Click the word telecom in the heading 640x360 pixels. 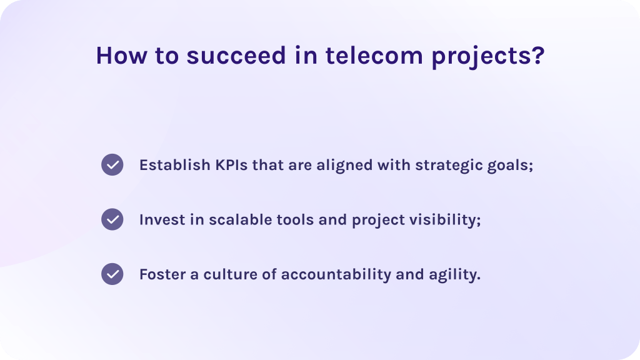[x=374, y=56]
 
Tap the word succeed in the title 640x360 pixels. [x=236, y=56]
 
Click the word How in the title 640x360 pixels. [x=121, y=56]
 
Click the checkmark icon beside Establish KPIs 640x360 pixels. [x=112, y=165]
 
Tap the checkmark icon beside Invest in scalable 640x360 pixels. [x=112, y=219]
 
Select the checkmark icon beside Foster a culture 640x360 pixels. [x=112, y=274]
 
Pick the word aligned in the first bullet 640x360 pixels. [x=344, y=166]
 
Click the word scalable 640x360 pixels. [x=241, y=219]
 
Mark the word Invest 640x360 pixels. [x=162, y=219]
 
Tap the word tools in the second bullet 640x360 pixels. [x=295, y=219]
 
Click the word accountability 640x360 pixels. [x=336, y=276]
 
